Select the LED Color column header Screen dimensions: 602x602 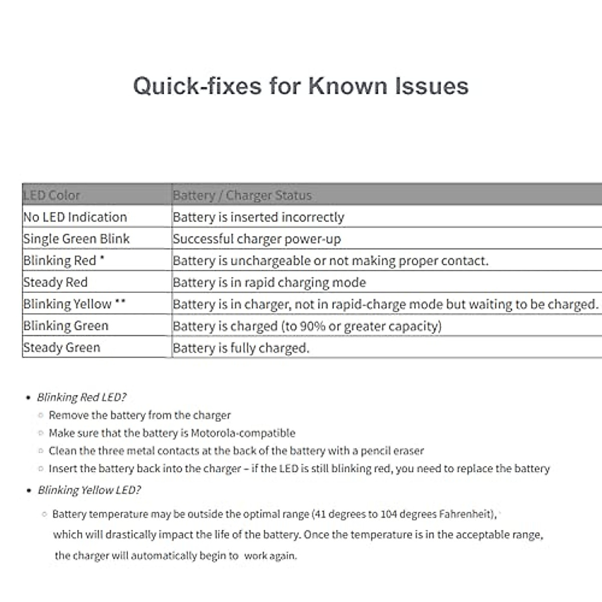pos(52,195)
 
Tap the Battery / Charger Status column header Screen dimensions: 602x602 pos(242,195)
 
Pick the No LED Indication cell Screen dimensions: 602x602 pos(75,217)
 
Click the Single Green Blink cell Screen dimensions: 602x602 pos(76,239)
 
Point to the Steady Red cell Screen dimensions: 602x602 pos(55,282)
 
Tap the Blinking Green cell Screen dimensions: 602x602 pos(66,326)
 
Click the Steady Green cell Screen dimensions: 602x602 pos(62,348)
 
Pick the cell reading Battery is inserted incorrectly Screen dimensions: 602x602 pos(258,217)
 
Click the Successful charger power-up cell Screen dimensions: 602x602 pos(257,239)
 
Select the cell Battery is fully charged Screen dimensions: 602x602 pos(241,348)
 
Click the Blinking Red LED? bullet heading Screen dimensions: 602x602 pos(82,397)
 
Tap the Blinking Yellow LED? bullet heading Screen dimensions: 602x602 pos(89,490)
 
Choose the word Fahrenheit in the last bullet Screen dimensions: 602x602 pos(466,514)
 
